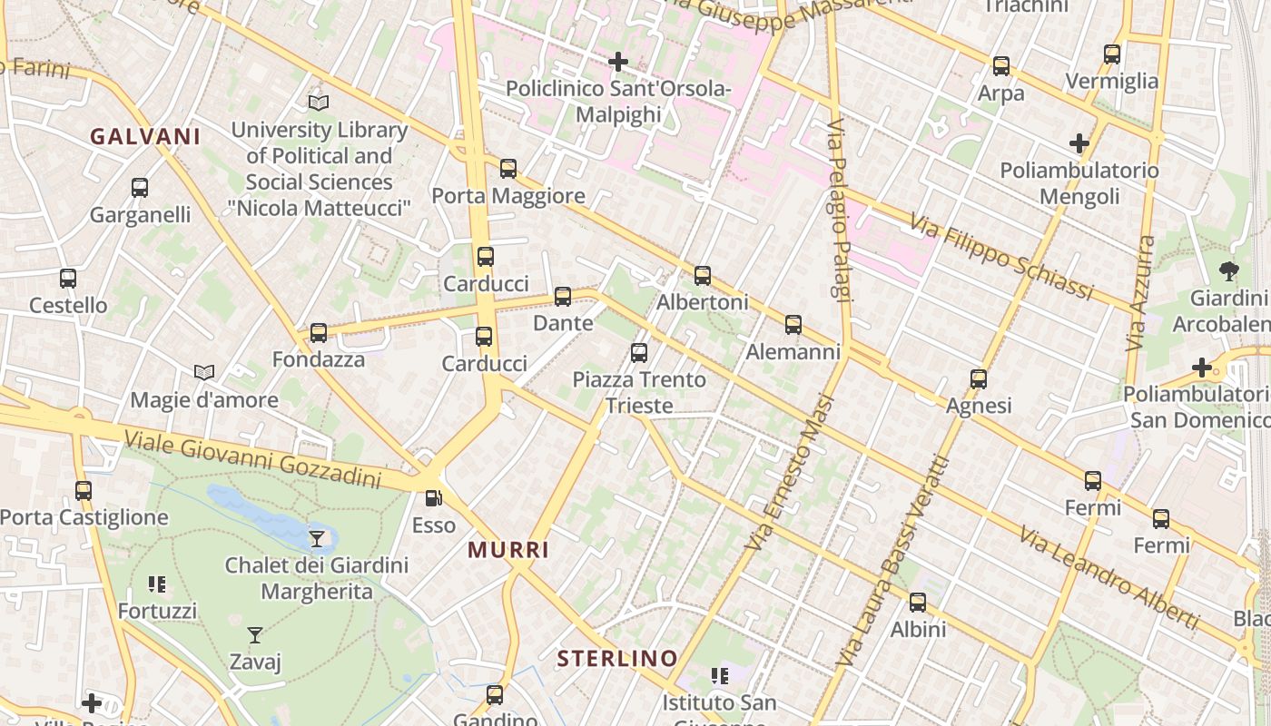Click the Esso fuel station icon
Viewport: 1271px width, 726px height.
point(434,498)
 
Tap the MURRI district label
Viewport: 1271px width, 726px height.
point(508,550)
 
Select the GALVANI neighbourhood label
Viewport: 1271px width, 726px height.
point(145,137)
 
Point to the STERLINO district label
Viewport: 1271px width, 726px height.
point(617,659)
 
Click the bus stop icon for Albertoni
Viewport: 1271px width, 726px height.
point(703,276)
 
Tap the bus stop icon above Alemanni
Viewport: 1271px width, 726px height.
point(793,325)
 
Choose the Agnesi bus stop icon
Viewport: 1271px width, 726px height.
point(979,379)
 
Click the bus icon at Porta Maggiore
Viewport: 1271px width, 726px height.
point(508,169)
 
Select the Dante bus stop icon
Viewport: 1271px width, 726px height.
point(563,297)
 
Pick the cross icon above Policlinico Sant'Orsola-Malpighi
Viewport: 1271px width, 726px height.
point(618,62)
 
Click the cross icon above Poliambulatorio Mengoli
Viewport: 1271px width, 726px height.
point(1079,143)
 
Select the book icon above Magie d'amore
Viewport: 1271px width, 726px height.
point(204,373)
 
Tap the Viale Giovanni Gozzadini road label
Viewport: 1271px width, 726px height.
point(252,459)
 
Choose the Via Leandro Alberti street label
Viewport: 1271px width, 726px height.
point(1108,577)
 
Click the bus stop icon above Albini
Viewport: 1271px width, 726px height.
point(918,603)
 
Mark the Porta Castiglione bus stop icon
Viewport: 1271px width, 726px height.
point(84,491)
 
